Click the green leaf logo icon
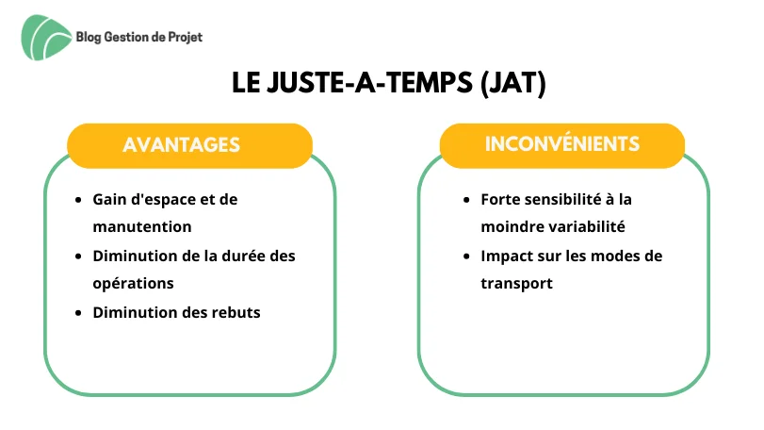[x=46, y=38]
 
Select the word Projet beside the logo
[x=186, y=38]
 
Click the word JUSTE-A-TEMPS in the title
[x=370, y=82]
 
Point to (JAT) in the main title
[x=513, y=82]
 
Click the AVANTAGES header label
[x=181, y=145]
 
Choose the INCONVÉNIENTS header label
[x=561, y=143]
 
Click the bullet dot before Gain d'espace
[x=78, y=200]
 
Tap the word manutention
[x=142, y=226]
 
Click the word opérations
[x=133, y=284]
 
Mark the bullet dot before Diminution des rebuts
[x=78, y=313]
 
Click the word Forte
[x=499, y=199]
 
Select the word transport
[x=516, y=284]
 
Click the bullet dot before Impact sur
[x=466, y=256]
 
